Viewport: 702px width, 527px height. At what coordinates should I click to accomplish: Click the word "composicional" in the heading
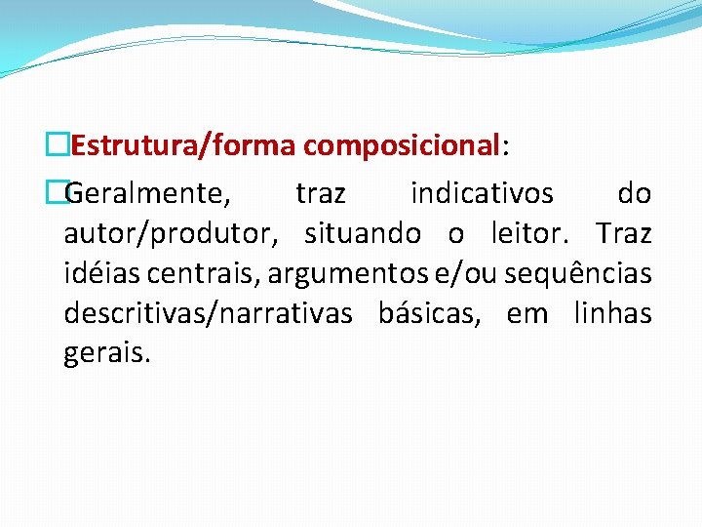coord(401,146)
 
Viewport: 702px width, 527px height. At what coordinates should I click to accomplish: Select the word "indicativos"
coord(482,194)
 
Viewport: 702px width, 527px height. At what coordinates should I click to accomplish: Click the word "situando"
coord(363,234)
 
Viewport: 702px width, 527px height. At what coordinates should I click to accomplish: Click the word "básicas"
coord(432,314)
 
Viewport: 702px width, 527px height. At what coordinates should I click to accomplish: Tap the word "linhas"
coord(612,314)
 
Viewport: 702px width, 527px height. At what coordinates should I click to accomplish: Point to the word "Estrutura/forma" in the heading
coord(184,146)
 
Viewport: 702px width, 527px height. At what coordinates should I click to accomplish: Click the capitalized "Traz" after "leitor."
coord(624,234)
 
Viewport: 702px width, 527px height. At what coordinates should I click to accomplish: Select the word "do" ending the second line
coord(634,194)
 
